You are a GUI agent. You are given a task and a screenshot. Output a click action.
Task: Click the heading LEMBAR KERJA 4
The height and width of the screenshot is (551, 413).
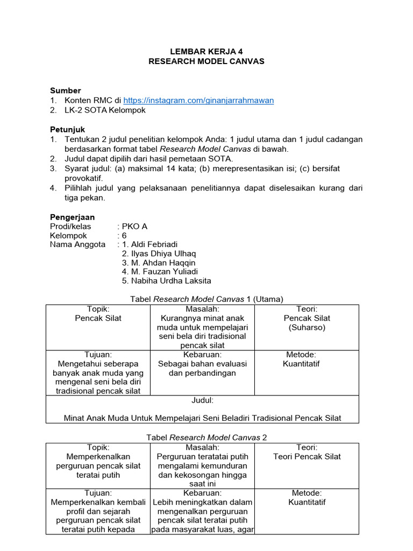coord(206,52)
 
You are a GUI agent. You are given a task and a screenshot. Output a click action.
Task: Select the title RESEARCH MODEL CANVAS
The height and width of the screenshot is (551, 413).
coord(206,61)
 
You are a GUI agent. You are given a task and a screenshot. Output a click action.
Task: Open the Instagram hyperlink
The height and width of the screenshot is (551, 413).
coord(198,101)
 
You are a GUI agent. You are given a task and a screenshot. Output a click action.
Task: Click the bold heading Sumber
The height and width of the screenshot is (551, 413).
coord(66,90)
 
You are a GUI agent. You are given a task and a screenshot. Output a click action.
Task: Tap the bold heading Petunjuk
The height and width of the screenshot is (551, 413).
coord(67,130)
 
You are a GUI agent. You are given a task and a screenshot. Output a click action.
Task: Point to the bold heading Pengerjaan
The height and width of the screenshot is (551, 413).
coord(72,217)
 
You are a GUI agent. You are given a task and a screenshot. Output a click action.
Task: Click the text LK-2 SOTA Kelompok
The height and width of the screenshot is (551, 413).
coord(105,110)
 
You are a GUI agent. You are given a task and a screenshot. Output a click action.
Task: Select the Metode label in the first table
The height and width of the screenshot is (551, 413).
coord(301,355)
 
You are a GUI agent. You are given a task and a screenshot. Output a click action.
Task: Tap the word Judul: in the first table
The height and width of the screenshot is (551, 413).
coord(203,400)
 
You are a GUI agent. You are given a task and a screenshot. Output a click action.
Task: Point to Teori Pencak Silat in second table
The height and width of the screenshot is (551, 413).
coord(307,456)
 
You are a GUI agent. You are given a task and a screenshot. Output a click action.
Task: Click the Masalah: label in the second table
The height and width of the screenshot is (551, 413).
coord(202,447)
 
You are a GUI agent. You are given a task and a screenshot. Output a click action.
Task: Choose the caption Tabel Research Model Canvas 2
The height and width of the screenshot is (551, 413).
coord(206,437)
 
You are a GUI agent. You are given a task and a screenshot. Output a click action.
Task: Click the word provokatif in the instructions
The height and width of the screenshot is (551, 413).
coord(83,178)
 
